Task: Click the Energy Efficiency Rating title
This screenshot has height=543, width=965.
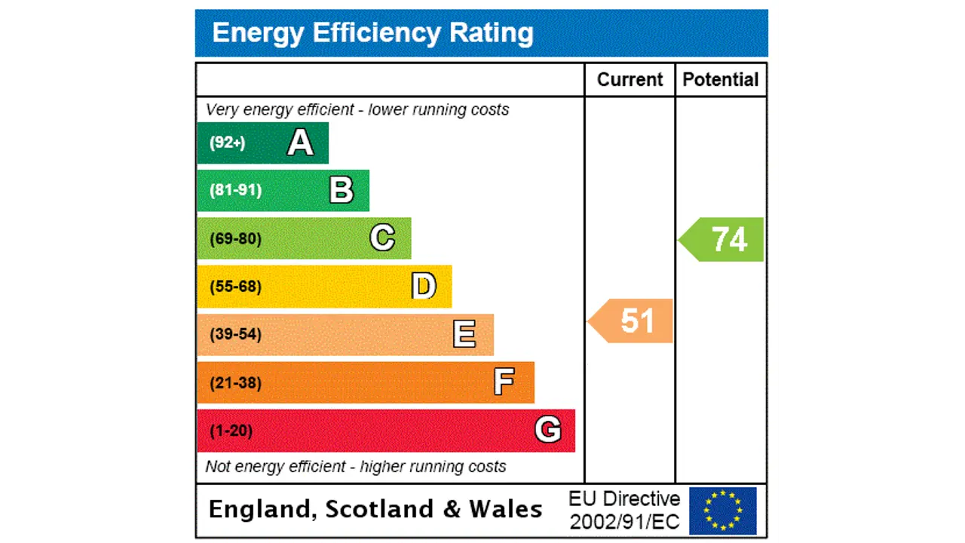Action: tap(372, 33)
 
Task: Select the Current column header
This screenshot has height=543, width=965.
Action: tap(630, 80)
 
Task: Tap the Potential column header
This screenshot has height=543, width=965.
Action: tap(720, 80)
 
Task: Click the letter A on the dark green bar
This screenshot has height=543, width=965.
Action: tap(300, 143)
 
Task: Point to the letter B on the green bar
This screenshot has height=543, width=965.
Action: tap(341, 191)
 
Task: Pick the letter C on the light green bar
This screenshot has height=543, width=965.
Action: tap(382, 238)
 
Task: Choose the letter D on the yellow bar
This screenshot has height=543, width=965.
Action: tap(424, 287)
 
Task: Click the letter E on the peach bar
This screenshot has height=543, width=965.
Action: tap(464, 334)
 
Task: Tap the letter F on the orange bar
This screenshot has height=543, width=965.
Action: tap(504, 382)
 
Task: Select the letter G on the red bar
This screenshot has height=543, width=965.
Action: tap(547, 430)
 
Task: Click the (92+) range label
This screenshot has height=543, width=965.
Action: tap(227, 143)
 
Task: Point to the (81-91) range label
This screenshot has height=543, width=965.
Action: tap(235, 190)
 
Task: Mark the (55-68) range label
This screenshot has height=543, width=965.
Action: tap(235, 287)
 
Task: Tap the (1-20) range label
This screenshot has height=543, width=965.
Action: tap(231, 431)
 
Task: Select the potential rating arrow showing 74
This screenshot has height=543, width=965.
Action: tap(723, 240)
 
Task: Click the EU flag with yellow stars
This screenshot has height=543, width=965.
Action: tap(722, 511)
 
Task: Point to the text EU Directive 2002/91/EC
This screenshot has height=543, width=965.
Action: tap(624, 510)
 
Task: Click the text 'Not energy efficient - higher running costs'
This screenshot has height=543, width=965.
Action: tap(356, 467)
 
